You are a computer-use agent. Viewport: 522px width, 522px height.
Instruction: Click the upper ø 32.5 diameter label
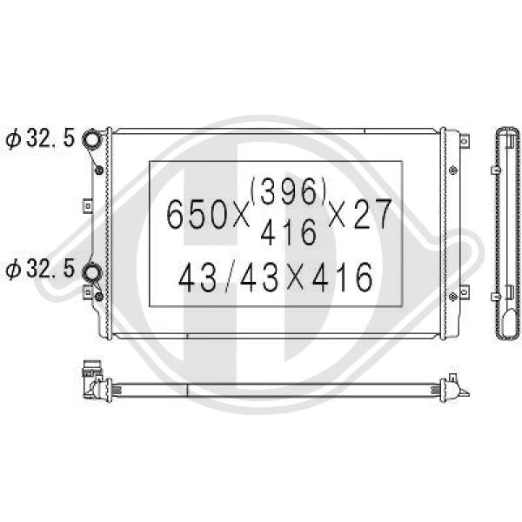40,137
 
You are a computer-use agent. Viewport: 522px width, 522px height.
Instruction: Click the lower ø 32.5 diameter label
40,269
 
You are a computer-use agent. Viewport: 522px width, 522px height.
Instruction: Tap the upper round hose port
90,138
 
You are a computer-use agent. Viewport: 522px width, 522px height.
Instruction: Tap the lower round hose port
90,272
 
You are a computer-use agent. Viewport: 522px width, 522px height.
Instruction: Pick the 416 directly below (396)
288,232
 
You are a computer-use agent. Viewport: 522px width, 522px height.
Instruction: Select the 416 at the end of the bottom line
342,278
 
